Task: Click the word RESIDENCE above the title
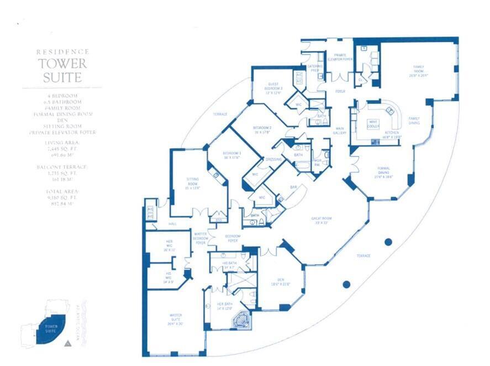pos(62,51)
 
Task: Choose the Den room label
pos(281,283)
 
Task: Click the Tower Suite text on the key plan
pos(45,330)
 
